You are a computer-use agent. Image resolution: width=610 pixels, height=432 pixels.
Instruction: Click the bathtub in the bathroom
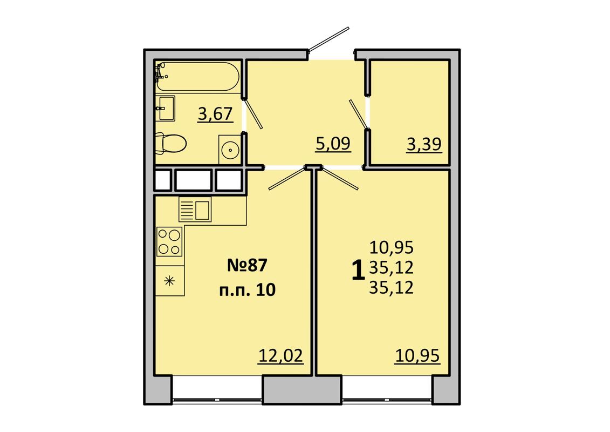point(197,76)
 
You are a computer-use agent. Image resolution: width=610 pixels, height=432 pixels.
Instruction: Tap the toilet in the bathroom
point(170,143)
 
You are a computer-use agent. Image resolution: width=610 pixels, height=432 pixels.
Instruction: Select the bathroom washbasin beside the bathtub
point(166,109)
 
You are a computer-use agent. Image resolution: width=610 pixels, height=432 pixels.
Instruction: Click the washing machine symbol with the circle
point(230,149)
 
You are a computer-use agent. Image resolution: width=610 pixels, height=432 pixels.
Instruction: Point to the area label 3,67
point(215,114)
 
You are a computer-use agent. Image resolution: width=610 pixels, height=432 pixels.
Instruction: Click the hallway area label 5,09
point(333,144)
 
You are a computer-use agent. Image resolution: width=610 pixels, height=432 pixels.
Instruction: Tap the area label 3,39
point(424,145)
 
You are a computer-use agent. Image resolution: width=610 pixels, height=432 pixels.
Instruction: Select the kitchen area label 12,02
point(280,356)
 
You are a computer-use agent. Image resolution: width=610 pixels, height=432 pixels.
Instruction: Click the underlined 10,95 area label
point(417,356)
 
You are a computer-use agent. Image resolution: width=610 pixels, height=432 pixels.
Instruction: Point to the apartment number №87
point(248,266)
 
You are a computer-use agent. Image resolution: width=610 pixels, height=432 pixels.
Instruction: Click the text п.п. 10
point(248,290)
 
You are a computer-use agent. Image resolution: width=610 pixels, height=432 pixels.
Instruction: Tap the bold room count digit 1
point(358,271)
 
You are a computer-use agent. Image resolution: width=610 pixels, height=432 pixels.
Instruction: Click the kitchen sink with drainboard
point(195,210)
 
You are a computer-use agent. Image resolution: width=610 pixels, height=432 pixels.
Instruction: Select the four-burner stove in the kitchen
point(169,241)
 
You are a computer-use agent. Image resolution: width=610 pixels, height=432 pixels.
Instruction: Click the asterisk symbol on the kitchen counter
point(169,280)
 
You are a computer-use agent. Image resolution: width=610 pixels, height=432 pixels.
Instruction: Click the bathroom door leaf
point(253,114)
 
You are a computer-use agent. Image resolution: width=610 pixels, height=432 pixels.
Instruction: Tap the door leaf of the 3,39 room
point(359,114)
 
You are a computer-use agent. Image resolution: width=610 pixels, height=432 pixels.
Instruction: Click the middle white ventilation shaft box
point(193,180)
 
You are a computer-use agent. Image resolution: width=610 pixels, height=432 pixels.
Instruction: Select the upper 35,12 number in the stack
point(392,268)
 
